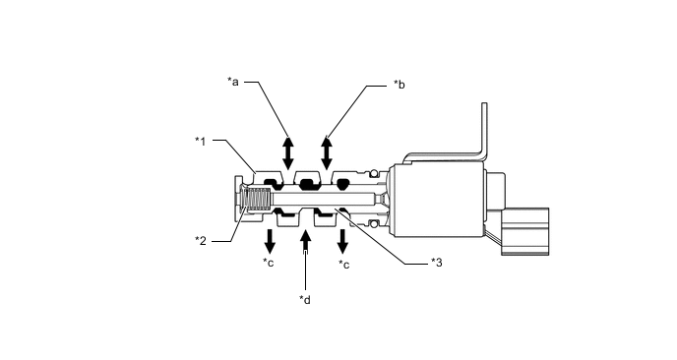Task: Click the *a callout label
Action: pyautogui.click(x=233, y=82)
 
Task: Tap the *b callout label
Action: pyautogui.click(x=400, y=85)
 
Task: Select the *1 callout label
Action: pyautogui.click(x=201, y=142)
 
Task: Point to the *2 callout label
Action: pyautogui.click(x=201, y=240)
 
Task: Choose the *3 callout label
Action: pyautogui.click(x=437, y=263)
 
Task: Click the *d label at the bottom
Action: pyautogui.click(x=305, y=300)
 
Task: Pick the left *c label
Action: pyautogui.click(x=268, y=263)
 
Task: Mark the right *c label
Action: pyautogui.click(x=344, y=265)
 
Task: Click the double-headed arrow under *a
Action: pyautogui.click(x=288, y=153)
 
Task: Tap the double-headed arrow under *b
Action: pyautogui.click(x=327, y=153)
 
